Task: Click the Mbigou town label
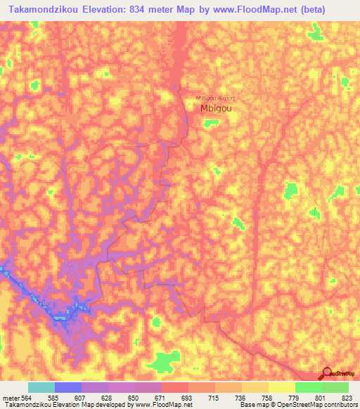pos(217,109)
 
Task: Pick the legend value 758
pos(268,397)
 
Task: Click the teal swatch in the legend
pos(41,387)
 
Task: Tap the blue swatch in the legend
pos(68,387)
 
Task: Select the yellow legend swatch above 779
pos(281,387)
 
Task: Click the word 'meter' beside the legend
pos(10,397)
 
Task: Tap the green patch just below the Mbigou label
pos(210,124)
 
